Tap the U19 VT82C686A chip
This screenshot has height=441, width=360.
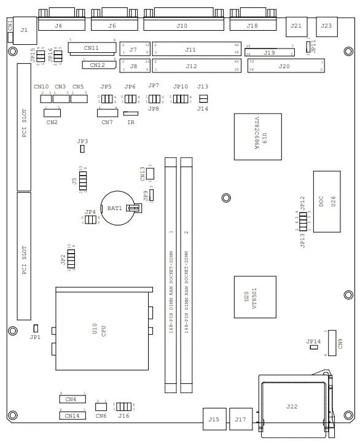click(257, 136)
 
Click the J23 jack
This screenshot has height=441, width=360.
click(326, 26)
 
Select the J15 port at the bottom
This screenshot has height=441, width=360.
click(214, 419)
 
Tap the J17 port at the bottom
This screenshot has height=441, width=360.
click(240, 419)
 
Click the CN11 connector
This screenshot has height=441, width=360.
click(92, 48)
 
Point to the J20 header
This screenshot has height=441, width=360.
click(284, 66)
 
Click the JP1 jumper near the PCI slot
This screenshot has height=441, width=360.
click(36, 329)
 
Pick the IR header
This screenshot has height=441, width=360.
click(131, 113)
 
